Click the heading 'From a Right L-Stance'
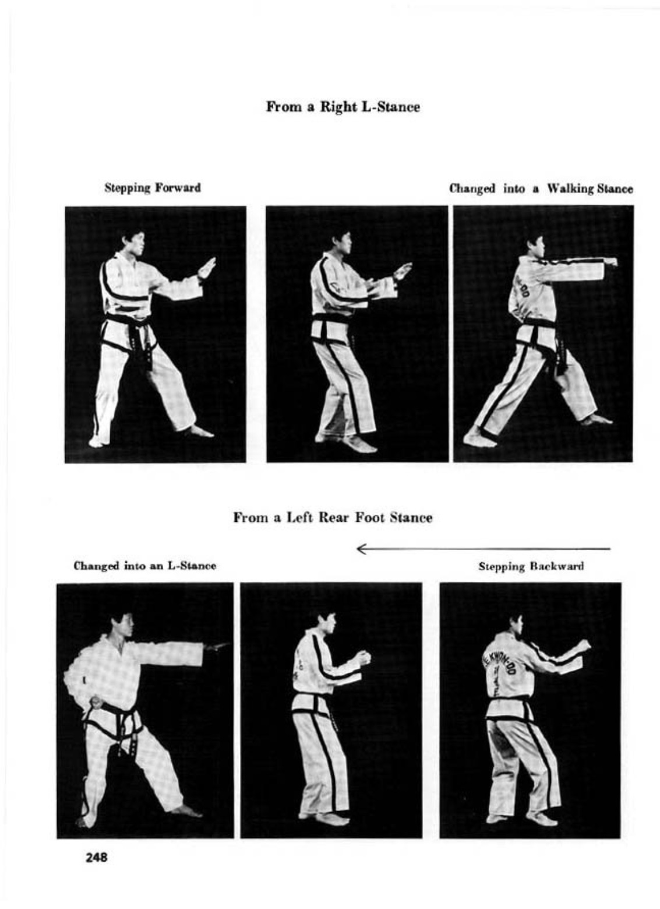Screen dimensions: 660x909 pos(343,107)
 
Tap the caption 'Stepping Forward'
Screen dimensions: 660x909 pos(153,188)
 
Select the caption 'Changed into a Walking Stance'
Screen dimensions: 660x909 pos(541,189)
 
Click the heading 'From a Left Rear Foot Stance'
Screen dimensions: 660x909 pos(333,518)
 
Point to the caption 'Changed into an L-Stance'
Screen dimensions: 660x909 pos(144,566)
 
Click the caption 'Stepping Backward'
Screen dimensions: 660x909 pos(531,566)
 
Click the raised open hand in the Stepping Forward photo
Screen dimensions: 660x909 pos(207,268)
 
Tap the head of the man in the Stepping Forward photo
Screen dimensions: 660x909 pos(133,243)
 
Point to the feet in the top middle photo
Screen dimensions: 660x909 pos(346,443)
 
